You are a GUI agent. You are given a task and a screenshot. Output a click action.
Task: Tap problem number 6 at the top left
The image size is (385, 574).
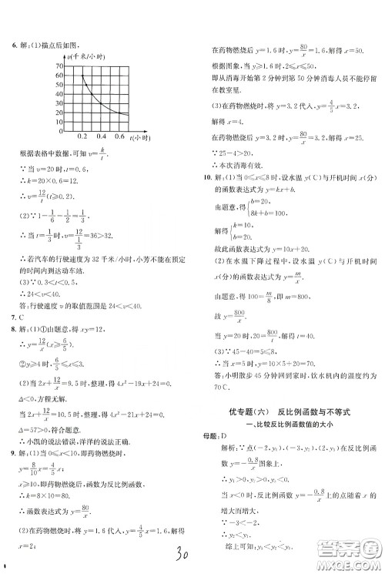(x=15, y=45)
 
